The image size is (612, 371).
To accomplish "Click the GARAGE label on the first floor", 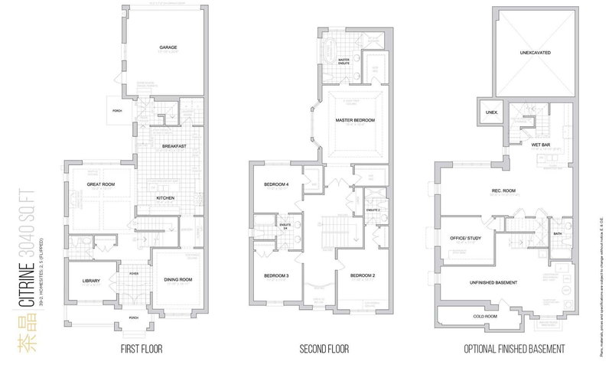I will [x=168, y=47].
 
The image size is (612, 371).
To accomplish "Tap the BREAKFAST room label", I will [x=175, y=145].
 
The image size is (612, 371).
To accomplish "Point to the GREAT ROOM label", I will [x=100, y=184].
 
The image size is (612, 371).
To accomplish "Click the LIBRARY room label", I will [x=91, y=280].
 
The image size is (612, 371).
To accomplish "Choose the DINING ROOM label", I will [x=178, y=280].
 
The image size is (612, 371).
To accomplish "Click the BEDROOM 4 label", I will [x=276, y=184].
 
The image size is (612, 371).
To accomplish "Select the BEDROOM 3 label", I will [x=275, y=275].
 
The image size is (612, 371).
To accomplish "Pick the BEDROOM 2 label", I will [x=361, y=275].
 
